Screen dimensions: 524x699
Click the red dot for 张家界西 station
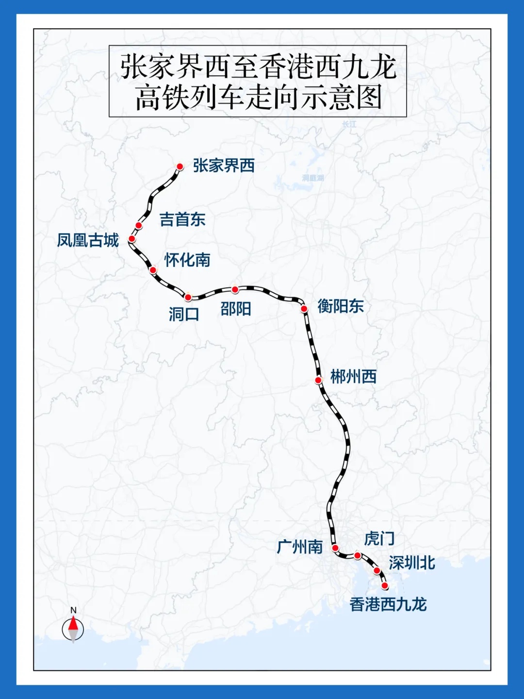point(180,166)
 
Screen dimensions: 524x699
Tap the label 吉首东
point(182,219)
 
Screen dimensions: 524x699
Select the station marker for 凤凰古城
point(131,239)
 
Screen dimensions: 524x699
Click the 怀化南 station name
point(187,260)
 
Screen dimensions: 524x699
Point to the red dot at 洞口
point(188,298)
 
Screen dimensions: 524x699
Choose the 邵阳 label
point(236,309)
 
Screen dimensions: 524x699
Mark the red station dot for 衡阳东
point(304,309)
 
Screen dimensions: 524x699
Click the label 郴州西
point(353,377)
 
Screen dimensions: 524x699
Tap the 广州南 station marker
point(335,548)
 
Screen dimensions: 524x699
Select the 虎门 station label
point(379,538)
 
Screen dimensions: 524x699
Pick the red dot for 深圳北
point(377,571)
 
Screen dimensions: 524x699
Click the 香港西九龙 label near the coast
point(388,604)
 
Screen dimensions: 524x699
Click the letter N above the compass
point(73,610)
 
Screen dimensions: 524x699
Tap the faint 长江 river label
point(349,124)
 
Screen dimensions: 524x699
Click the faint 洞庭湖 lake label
point(313,178)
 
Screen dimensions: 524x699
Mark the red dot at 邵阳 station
point(235,290)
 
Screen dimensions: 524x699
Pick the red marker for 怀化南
point(153,270)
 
